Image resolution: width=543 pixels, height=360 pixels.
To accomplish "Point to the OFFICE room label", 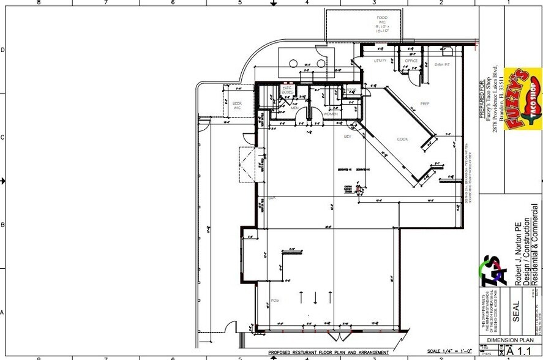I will pos(411,61).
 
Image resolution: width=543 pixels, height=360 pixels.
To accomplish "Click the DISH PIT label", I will pos(442,64).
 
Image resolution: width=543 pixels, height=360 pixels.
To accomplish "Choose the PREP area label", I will pos(425,104).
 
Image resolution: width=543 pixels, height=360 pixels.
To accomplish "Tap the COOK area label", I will pos(402,140).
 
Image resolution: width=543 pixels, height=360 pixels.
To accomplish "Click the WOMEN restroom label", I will pos(331,114).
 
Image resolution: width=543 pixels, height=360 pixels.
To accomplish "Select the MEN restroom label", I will pos(294,107).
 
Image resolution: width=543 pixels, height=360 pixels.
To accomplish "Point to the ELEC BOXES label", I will pos(287,91).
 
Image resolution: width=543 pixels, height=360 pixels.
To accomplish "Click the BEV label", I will pos(347,136).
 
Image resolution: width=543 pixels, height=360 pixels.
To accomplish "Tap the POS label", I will pos(274,301).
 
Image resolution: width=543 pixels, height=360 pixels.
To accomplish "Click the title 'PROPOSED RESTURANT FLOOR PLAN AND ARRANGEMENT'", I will pos(329,353).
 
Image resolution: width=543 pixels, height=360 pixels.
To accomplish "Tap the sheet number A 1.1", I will pos(520,351).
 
